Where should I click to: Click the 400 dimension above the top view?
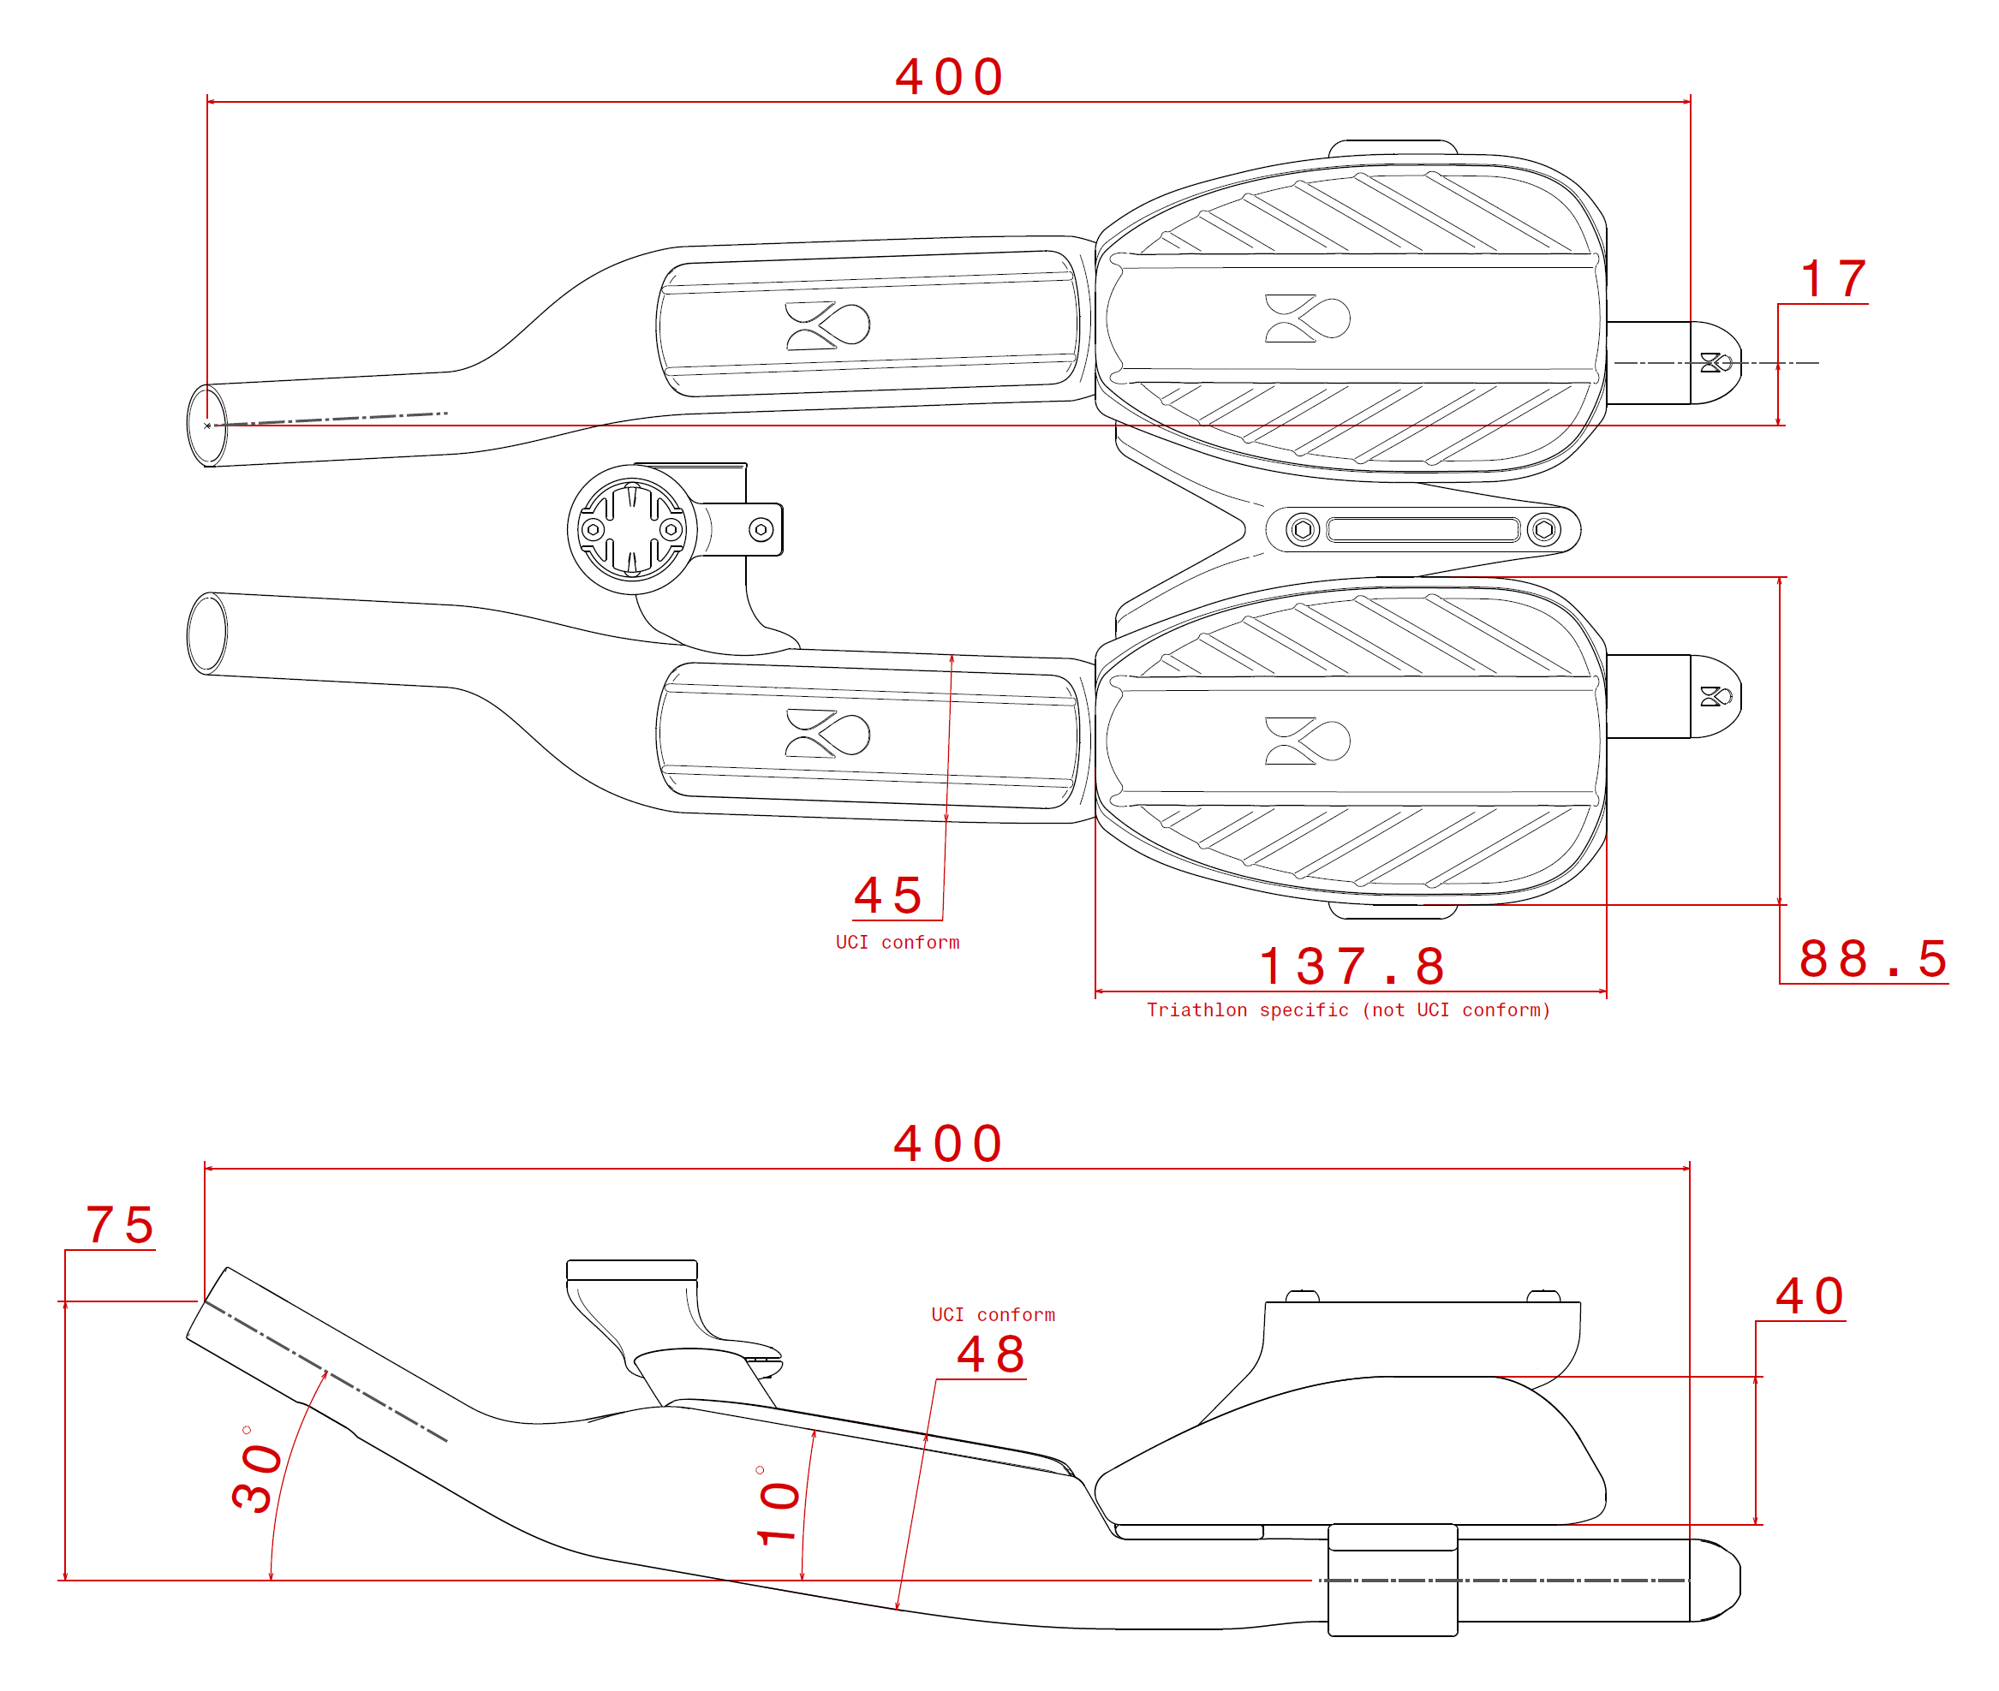948,77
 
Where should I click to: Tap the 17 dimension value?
1832,280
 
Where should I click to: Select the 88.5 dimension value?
1871,960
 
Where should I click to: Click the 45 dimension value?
888,896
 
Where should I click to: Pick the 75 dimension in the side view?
120,1226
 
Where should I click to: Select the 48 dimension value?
991,1355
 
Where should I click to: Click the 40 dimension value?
1809,1297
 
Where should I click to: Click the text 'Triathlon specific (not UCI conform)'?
1348,1009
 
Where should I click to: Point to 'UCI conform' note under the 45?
897,943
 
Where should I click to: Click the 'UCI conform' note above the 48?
993,1314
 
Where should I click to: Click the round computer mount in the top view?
632,529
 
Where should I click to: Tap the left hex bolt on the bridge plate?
1302,529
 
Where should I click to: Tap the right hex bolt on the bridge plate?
1543,529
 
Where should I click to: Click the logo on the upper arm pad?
1307,319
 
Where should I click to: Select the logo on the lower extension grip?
826,735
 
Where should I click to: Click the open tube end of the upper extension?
207,426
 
